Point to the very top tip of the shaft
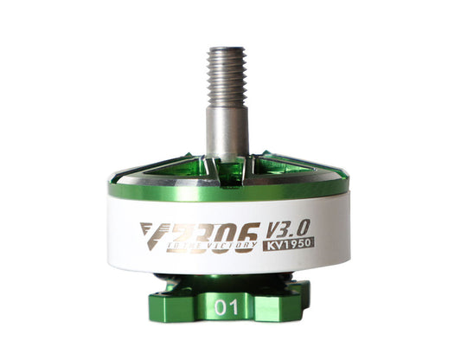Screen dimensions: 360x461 [227, 44]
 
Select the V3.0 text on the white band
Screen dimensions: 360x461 [287, 228]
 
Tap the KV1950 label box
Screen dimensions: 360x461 [289, 243]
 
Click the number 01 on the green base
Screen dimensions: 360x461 [228, 307]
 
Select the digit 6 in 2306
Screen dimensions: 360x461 [246, 232]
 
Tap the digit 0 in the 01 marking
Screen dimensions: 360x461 [222, 307]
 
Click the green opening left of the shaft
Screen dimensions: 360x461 [186, 166]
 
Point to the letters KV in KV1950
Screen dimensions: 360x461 [272, 243]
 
